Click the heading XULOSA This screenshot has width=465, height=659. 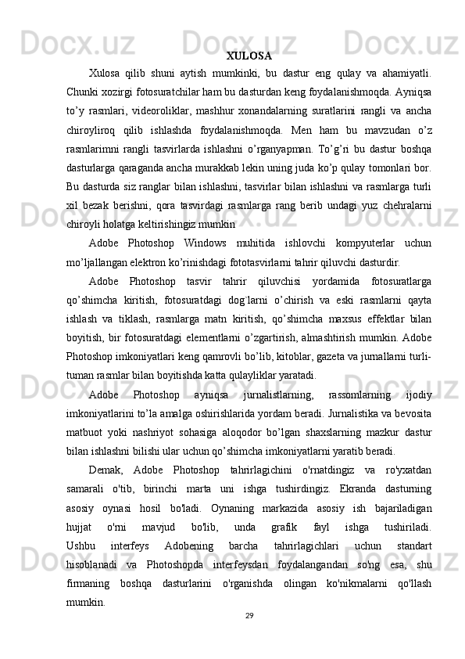pos(249,56)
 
